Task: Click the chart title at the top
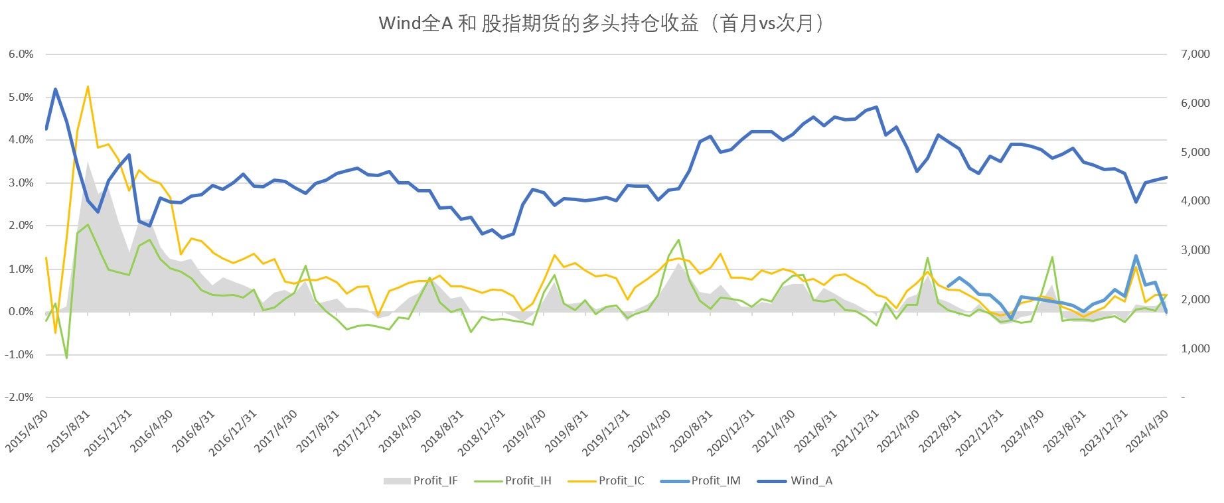[x=601, y=24]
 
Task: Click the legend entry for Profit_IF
[x=421, y=480]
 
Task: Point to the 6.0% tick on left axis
[x=21, y=54]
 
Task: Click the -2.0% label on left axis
[x=19, y=397]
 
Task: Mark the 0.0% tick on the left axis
[x=21, y=311]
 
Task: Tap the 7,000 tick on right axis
[x=1195, y=54]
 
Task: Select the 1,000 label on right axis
[x=1195, y=348]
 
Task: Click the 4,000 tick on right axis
[x=1195, y=201]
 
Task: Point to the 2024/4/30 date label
[x=1148, y=431]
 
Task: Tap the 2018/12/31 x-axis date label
[x=482, y=433]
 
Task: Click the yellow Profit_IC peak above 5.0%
[x=88, y=86]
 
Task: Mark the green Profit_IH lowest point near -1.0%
[x=66, y=358]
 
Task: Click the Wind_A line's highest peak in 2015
[x=55, y=89]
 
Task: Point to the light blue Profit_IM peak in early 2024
[x=1136, y=255]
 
